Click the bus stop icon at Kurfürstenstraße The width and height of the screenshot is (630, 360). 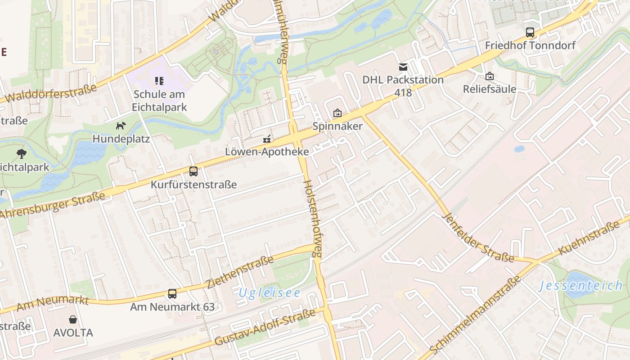tap(193, 171)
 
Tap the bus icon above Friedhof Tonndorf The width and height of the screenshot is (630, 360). tap(530, 32)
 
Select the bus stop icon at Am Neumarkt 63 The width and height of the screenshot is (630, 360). tap(172, 294)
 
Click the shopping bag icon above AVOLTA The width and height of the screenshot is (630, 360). tap(73, 319)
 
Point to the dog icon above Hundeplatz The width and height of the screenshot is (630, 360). tap(121, 126)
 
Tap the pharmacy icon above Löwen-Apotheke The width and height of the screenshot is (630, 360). tap(267, 139)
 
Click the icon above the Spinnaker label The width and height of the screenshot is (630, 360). tap(337, 113)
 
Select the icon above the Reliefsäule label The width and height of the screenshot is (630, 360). tap(490, 76)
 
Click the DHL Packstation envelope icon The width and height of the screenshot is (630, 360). tap(403, 67)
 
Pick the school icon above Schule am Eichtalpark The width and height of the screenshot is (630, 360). tap(159, 81)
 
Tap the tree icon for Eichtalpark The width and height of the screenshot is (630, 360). tap(21, 154)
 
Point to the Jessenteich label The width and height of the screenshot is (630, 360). tap(581, 286)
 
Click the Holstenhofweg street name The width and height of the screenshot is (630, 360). tap(313, 219)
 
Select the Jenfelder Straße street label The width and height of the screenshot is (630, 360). tap(478, 237)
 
